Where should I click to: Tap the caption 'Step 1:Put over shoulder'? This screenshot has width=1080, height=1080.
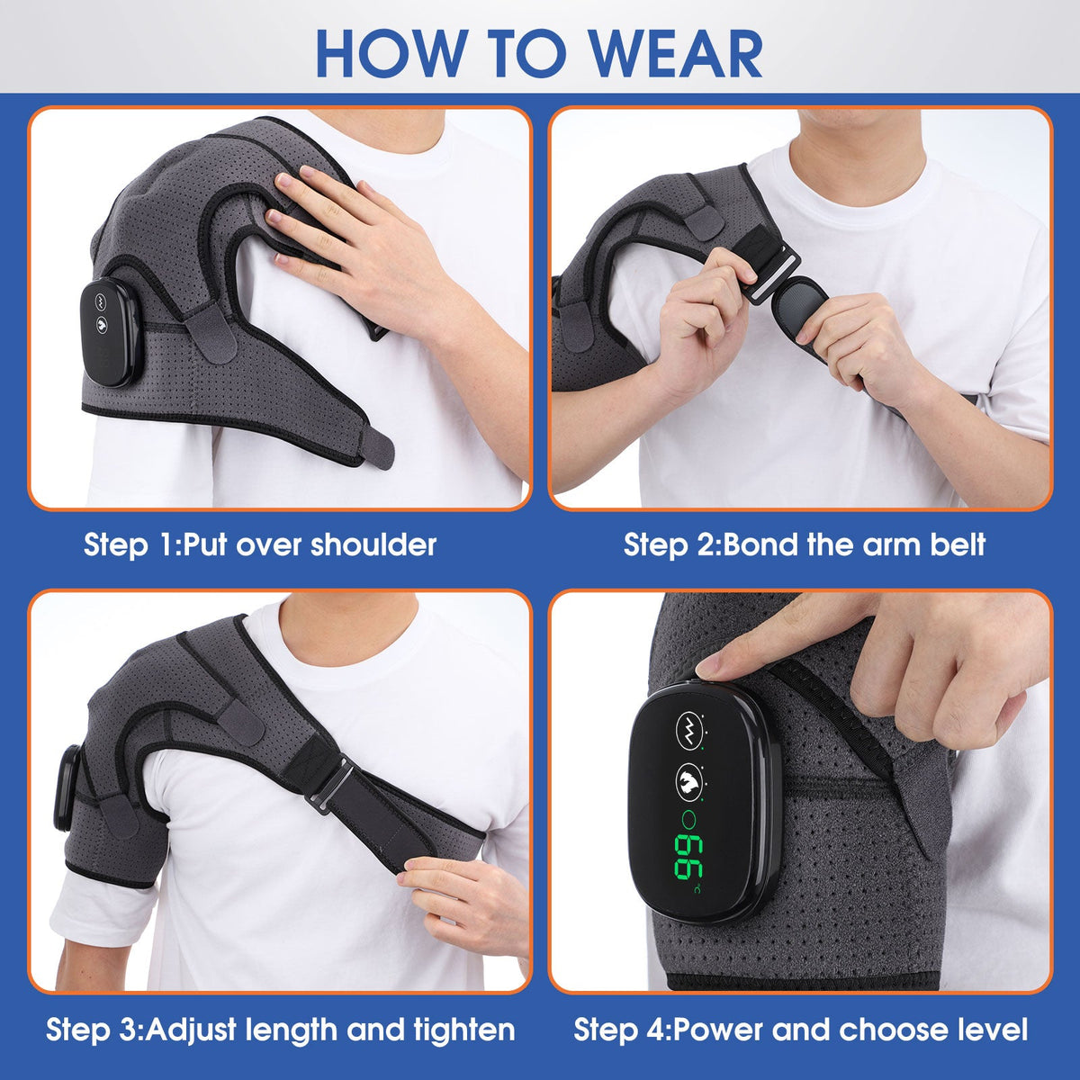(x=260, y=544)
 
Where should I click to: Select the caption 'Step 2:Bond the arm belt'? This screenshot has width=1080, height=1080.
(x=805, y=544)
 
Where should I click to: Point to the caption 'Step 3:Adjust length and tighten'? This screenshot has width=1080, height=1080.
(x=280, y=1029)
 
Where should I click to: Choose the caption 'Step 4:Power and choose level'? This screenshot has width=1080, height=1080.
(x=800, y=1029)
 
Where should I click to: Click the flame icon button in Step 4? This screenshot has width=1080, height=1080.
(x=688, y=779)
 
